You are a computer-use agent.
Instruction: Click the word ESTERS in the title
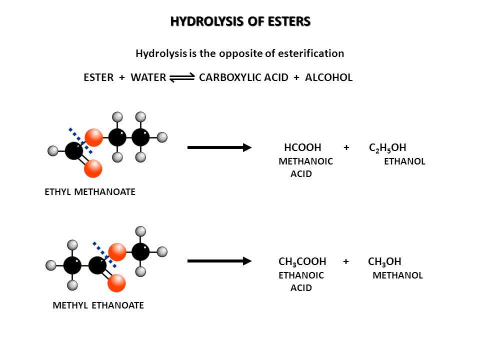(289, 21)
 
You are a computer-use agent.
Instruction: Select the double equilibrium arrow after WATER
(182, 77)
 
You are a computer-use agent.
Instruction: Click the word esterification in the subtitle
(311, 53)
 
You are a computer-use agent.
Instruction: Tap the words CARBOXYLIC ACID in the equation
(243, 77)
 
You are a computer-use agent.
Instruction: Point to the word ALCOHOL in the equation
(329, 77)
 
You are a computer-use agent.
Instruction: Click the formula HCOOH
(302, 147)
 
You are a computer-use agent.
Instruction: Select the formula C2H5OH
(387, 148)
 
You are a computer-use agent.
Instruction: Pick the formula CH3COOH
(302, 261)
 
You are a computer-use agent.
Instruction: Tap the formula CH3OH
(384, 261)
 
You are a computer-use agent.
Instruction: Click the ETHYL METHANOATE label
(90, 192)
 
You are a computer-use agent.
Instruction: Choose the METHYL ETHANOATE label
(98, 305)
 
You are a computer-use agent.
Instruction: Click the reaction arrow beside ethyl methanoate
(219, 147)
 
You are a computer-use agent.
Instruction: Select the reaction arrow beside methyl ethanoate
(219, 261)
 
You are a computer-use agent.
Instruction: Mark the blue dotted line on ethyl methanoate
(80, 141)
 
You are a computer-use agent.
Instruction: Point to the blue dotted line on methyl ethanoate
(104, 255)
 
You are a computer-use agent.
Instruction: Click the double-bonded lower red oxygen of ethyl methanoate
(93, 168)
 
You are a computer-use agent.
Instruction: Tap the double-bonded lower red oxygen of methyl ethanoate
(116, 283)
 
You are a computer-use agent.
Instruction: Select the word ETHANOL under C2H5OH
(404, 161)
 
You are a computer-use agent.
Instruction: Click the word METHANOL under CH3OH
(397, 275)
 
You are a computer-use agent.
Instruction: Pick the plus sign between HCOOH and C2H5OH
(346, 147)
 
